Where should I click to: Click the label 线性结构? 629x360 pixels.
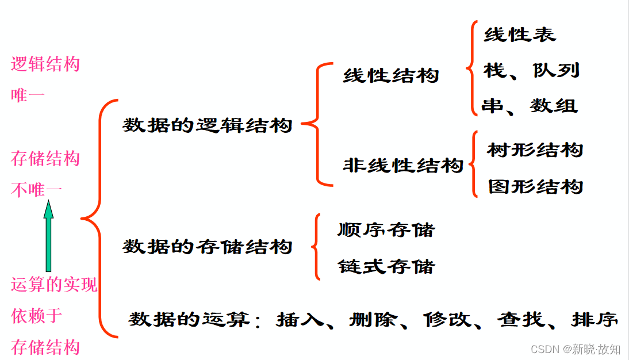click(x=390, y=75)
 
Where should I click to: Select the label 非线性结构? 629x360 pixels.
click(x=402, y=166)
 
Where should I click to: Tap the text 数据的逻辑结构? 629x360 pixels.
click(x=208, y=125)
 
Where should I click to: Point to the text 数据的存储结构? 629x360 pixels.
click(x=208, y=247)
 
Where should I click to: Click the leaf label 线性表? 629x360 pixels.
click(x=520, y=35)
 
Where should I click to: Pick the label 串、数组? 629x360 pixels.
click(x=530, y=106)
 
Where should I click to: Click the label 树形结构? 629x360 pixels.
click(x=535, y=150)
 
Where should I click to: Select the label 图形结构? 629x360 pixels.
click(x=535, y=186)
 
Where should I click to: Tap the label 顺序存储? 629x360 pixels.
click(x=386, y=229)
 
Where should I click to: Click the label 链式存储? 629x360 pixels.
click(x=386, y=266)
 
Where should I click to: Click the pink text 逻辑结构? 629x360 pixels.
click(x=45, y=64)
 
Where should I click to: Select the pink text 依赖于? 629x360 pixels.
click(x=37, y=316)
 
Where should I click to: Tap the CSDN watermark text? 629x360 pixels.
click(x=575, y=349)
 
